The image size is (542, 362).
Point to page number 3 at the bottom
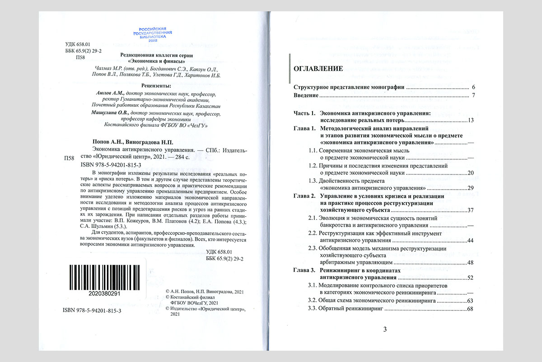point(385,329)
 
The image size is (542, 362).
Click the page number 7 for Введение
point(473,95)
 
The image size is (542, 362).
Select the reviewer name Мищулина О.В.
point(110,112)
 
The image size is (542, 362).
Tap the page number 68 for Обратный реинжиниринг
point(470,309)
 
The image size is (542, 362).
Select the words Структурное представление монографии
point(349,87)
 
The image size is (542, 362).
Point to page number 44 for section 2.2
point(470,240)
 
